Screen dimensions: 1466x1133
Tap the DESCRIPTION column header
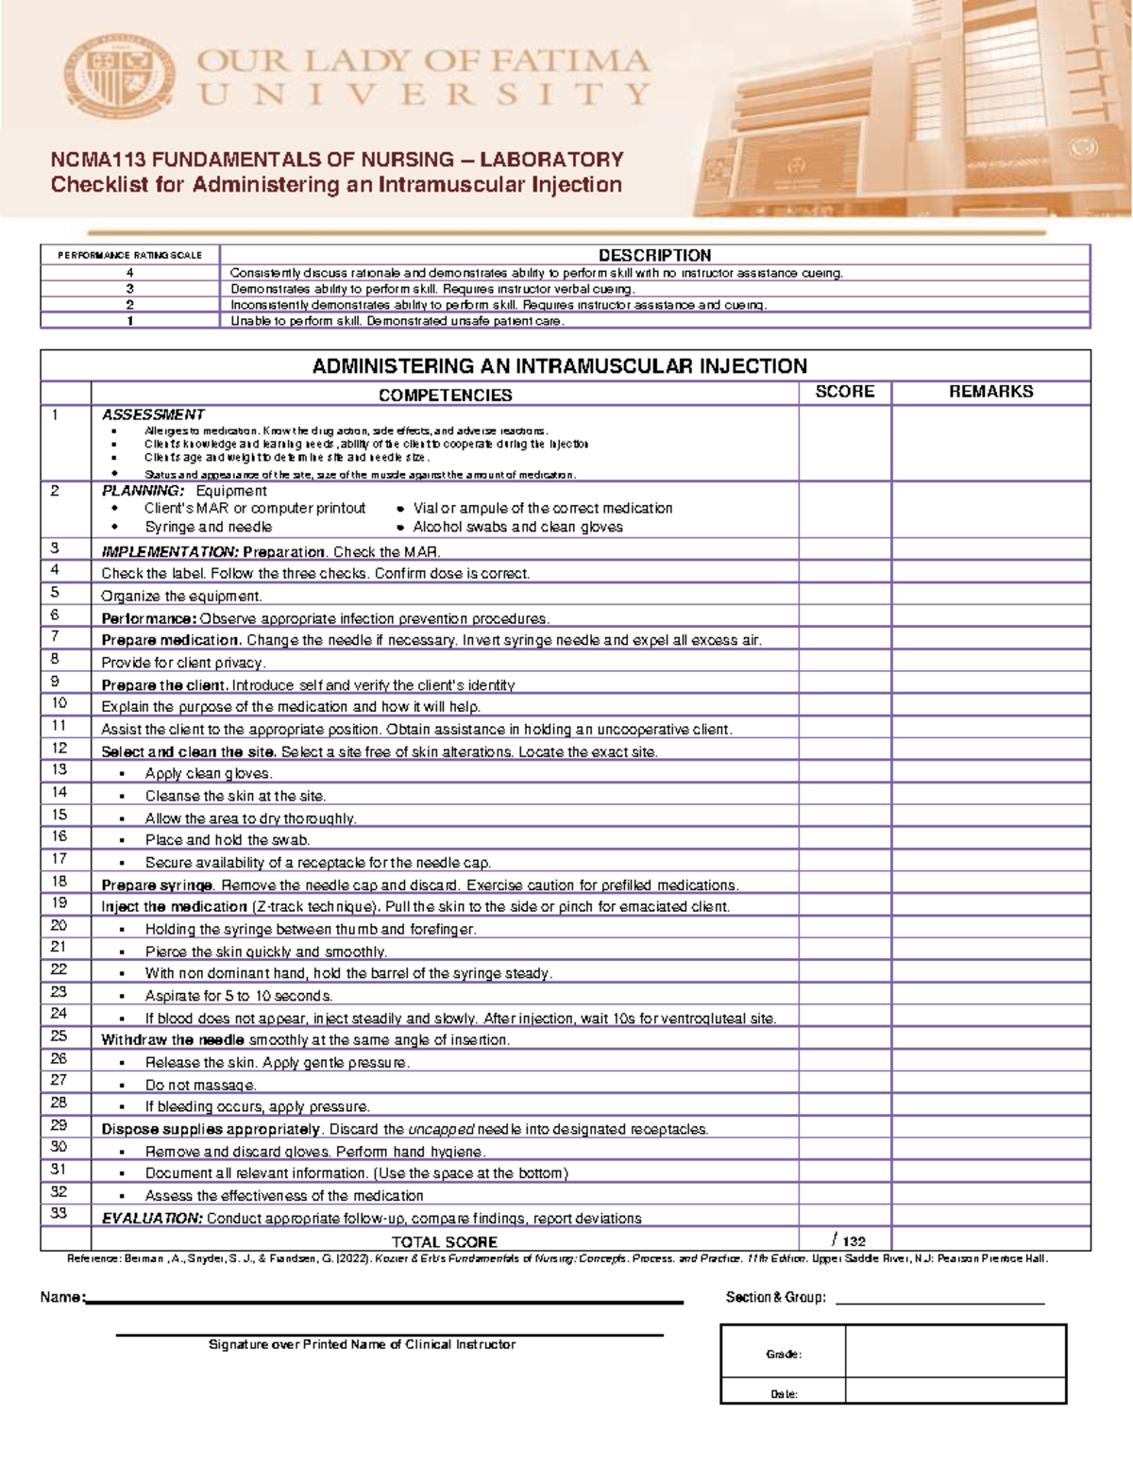[x=654, y=255]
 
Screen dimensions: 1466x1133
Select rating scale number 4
[x=129, y=273]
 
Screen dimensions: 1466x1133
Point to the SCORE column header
[x=844, y=392]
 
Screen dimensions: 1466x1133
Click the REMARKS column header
[x=990, y=392]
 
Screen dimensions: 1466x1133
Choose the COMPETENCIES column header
[x=445, y=395]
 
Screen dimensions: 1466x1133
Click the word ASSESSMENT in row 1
[x=153, y=414]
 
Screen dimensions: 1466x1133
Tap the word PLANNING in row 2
[x=142, y=491]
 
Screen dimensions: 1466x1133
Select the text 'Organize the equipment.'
[x=181, y=596]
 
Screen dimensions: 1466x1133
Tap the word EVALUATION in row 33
[x=151, y=1218]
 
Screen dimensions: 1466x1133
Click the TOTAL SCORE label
[x=444, y=1241]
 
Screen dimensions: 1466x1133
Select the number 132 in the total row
[x=854, y=1241]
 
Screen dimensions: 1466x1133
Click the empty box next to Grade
[x=955, y=1352]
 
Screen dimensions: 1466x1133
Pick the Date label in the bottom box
[x=784, y=1393]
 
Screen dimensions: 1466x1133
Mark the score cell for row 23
[x=844, y=995]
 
